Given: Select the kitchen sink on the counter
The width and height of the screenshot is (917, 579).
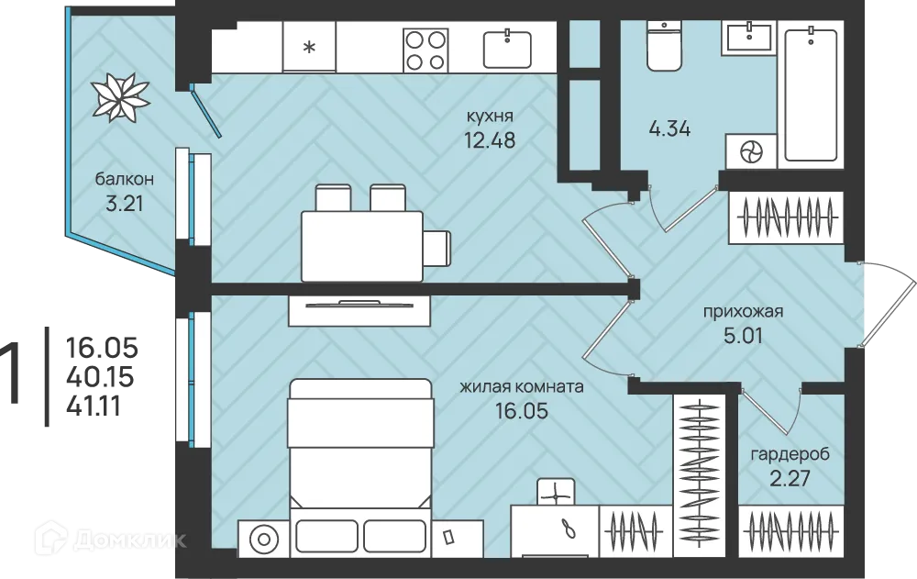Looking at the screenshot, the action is click(x=507, y=49).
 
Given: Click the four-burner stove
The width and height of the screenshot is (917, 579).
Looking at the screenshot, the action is click(x=425, y=50).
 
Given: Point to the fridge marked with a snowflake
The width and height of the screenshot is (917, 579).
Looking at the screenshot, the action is click(x=309, y=47).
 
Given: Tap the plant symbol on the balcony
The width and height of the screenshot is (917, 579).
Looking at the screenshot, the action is click(x=120, y=97).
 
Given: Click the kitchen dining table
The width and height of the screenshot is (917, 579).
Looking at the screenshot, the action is click(x=362, y=246).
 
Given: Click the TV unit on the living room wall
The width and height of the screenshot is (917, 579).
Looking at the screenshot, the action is click(x=359, y=310).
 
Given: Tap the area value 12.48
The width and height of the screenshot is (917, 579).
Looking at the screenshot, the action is click(x=490, y=140).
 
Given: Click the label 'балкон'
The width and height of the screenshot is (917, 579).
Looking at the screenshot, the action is click(x=125, y=179).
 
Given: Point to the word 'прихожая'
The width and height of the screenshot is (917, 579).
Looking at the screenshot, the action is click(x=743, y=312).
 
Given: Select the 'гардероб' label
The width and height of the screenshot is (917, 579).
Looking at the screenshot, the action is click(x=790, y=454).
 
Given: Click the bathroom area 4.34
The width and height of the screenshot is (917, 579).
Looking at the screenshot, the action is click(x=669, y=128).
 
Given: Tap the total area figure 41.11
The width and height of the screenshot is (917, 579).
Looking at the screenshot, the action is click(x=94, y=406).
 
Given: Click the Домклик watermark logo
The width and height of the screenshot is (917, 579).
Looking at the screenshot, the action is click(x=110, y=538).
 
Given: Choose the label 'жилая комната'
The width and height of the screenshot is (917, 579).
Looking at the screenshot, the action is click(x=522, y=387).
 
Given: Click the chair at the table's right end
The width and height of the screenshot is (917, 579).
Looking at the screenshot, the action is click(x=437, y=248).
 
